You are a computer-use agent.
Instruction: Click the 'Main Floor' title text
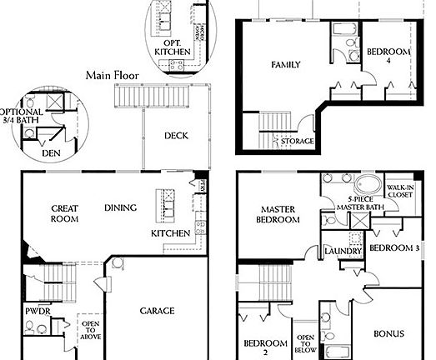[113, 76]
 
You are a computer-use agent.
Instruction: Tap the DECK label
[175, 135]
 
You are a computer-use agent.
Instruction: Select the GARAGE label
[157, 311]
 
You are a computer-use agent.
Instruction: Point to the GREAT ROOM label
[64, 213]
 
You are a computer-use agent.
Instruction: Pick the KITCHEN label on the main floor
[169, 235]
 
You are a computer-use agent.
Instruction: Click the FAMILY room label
[285, 64]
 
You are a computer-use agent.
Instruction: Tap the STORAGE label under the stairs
[297, 142]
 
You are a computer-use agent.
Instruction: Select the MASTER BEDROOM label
[280, 215]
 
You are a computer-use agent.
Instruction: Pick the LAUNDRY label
[343, 250]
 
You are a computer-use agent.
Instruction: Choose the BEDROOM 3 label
[393, 248]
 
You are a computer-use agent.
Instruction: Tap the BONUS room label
[388, 334]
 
